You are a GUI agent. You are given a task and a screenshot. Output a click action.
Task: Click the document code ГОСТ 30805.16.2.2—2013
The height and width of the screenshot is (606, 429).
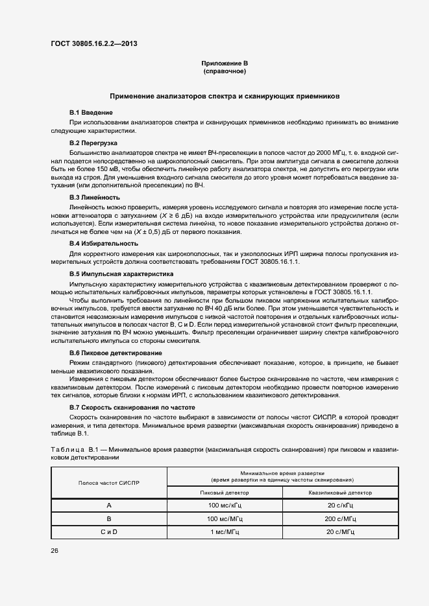[x=94, y=44]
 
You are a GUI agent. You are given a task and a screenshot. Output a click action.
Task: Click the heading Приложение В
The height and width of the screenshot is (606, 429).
[x=225, y=63]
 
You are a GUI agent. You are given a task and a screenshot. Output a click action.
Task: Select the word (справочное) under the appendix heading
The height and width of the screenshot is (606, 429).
[x=225, y=71]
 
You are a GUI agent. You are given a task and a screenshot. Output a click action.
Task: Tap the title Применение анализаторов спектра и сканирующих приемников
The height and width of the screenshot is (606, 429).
[x=225, y=96]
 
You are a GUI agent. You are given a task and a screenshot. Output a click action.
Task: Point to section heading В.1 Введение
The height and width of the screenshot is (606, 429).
[x=92, y=112]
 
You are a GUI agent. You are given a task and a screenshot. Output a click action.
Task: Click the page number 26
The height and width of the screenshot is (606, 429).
[x=55, y=550]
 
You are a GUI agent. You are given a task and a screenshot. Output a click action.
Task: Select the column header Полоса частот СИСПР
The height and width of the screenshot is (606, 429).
[x=109, y=483]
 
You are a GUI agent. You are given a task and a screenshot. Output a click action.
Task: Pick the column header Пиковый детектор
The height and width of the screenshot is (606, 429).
[x=225, y=492]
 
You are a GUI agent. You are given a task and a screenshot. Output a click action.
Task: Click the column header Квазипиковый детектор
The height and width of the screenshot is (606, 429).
[x=341, y=492]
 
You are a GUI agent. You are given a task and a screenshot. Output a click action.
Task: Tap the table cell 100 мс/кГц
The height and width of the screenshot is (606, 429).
[x=225, y=505]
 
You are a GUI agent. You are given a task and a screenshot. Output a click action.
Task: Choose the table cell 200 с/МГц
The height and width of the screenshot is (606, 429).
[x=341, y=519]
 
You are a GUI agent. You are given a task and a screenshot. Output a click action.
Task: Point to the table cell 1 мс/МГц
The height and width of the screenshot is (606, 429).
[x=225, y=531]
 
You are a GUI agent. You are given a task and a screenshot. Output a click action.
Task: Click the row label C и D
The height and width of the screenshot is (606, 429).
[x=109, y=531]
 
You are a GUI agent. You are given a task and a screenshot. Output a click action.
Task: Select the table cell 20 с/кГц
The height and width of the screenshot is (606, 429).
[x=341, y=505]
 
